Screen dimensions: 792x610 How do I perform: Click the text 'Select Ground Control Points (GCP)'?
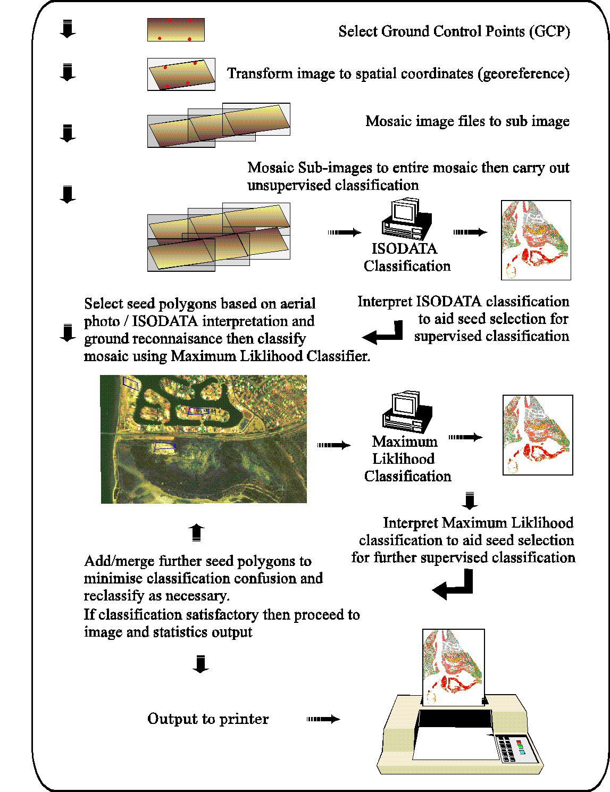point(454,31)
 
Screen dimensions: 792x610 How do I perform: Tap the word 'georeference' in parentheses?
point(524,73)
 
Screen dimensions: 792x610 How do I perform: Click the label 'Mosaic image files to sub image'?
point(467,121)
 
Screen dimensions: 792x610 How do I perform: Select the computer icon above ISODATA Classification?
point(407,219)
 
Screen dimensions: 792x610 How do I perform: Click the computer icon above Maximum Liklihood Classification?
point(407,412)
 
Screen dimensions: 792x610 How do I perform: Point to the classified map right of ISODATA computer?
point(536,240)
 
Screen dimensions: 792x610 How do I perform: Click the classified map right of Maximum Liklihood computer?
point(538,435)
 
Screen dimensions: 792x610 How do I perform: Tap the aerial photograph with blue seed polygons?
point(204,439)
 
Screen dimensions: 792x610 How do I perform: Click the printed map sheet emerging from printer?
point(453,667)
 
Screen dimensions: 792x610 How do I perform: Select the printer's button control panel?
point(513,747)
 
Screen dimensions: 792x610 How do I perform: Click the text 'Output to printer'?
point(208,719)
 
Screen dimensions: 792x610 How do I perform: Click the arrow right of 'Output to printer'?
point(323,719)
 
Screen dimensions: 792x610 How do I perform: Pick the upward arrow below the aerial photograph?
point(196,532)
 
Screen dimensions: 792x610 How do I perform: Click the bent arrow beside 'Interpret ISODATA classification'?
point(383,333)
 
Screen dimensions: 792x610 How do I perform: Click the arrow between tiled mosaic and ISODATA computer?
point(345,232)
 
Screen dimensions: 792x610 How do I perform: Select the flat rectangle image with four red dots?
point(176,30)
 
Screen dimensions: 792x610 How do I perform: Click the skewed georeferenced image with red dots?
point(181,74)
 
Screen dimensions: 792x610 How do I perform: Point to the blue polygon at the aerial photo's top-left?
point(130,383)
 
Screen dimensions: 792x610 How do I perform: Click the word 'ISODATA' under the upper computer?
point(404,249)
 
